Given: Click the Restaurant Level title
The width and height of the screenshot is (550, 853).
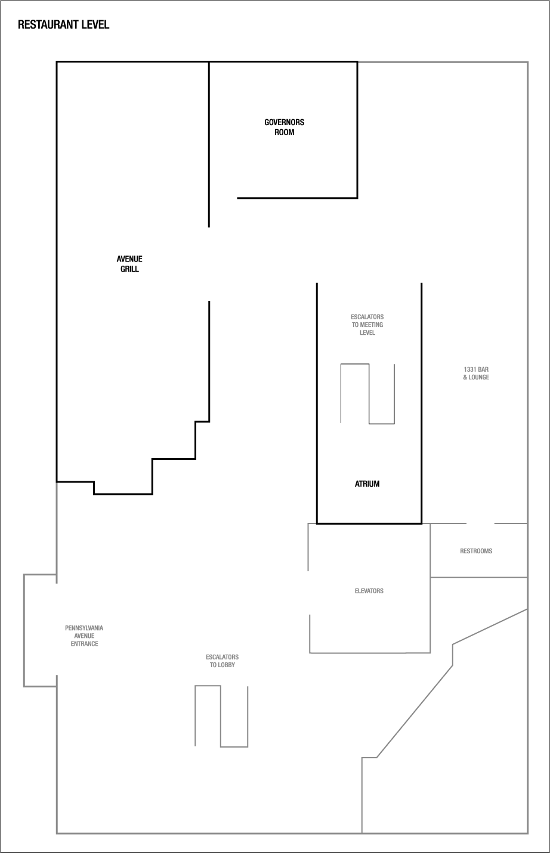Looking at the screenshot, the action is tap(63, 25).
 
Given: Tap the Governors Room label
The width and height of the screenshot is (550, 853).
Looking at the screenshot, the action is tap(285, 127).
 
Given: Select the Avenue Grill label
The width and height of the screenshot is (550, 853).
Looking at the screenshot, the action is tap(129, 264).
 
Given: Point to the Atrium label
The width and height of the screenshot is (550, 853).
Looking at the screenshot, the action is tap(367, 484).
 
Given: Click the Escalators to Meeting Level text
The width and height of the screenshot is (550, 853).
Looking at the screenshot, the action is tap(367, 325).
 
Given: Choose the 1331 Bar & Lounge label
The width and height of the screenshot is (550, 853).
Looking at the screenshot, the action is tap(476, 373).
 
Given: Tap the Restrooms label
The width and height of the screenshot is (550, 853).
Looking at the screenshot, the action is tap(476, 551).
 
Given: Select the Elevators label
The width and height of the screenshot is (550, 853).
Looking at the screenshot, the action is tap(369, 591).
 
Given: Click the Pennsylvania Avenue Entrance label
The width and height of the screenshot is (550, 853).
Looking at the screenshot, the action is tap(84, 636).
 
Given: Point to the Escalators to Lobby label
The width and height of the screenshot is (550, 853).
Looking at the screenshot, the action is tap(223, 661).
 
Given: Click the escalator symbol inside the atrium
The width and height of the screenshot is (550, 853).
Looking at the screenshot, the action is tap(367, 394).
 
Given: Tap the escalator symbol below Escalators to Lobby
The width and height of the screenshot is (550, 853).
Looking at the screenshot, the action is tap(221, 716).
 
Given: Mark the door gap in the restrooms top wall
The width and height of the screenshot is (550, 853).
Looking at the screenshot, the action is tap(480, 524).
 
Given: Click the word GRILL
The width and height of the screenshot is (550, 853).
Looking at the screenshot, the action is tap(129, 269).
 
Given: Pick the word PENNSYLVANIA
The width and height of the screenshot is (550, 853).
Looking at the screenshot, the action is tap(84, 628).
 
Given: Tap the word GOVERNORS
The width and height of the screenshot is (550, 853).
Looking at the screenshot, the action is tap(285, 122).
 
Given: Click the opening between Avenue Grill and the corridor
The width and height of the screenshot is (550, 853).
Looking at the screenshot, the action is tap(209, 264).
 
